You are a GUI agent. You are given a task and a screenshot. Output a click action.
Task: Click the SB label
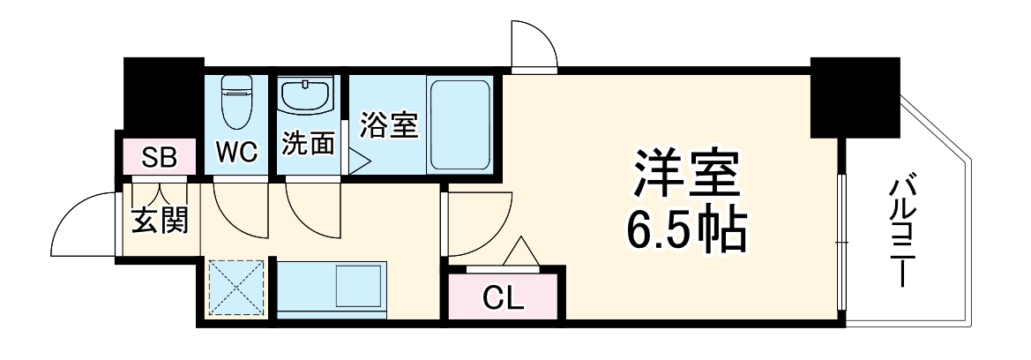pos(161,159)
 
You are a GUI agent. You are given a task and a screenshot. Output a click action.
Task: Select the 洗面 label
pos(309,144)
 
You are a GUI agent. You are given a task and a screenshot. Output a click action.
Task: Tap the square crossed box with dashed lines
pos(237,287)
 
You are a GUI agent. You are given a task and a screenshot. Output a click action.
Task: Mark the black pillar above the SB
pos(164,95)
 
